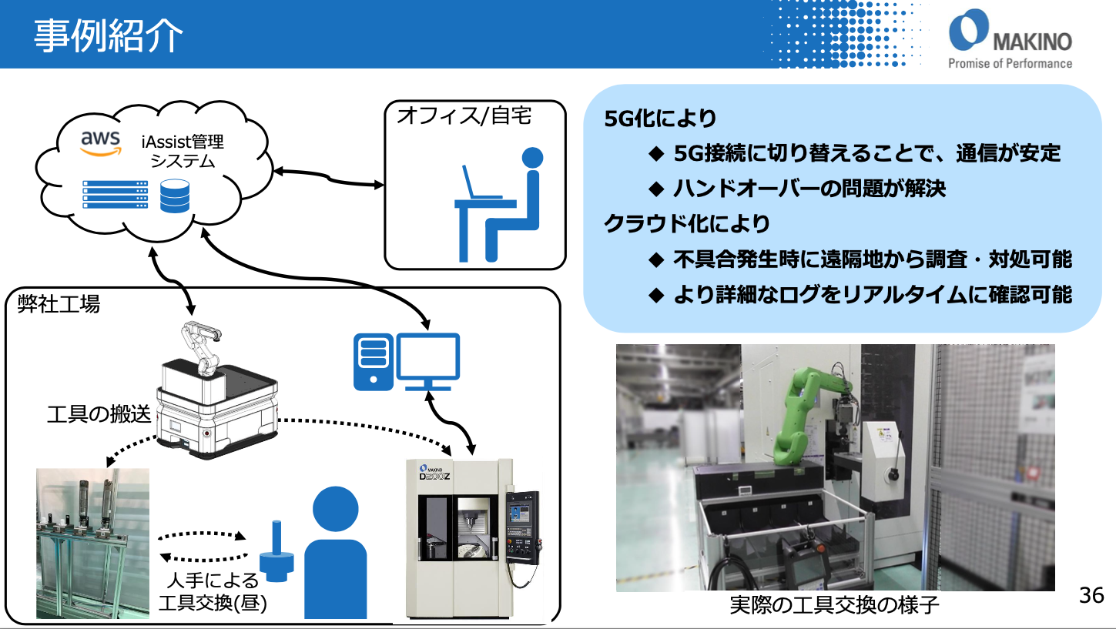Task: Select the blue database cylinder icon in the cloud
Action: point(175,196)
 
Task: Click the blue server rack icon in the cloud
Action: point(115,196)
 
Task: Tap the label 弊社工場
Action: point(59,304)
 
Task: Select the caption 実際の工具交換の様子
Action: point(834,605)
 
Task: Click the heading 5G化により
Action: point(661,119)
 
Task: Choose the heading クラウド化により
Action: point(687,224)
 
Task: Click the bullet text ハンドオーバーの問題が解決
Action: point(809,189)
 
